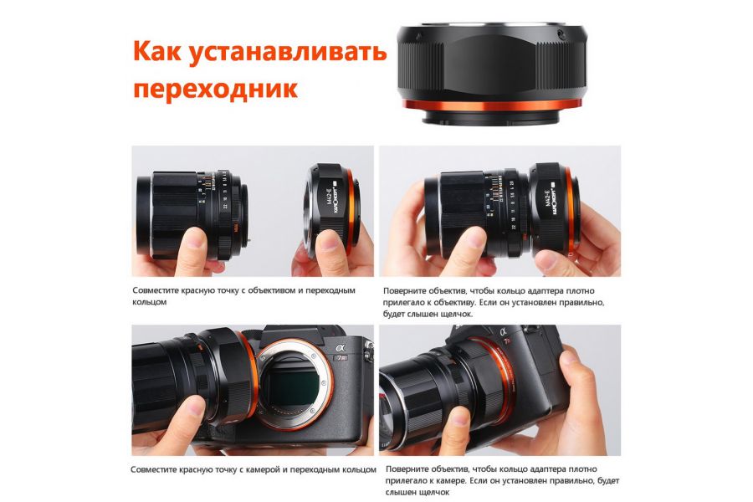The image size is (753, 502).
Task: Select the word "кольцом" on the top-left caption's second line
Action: click(x=150, y=302)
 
